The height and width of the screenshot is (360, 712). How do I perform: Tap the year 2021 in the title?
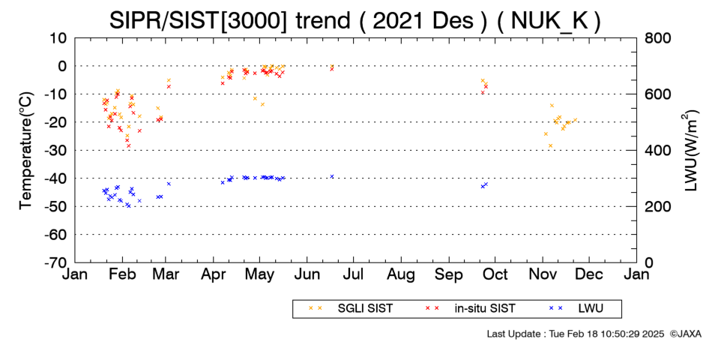click(x=396, y=20)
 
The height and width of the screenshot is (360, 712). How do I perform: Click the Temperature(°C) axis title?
click(x=26, y=151)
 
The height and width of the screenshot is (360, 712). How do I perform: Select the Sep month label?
click(x=449, y=274)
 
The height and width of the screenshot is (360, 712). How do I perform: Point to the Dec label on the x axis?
click(x=589, y=274)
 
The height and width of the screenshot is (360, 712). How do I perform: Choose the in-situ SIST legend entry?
click(x=470, y=309)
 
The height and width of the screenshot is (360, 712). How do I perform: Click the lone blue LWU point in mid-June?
click(x=332, y=176)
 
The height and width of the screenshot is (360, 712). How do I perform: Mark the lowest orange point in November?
click(x=550, y=145)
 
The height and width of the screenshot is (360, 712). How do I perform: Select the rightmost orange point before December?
click(x=575, y=120)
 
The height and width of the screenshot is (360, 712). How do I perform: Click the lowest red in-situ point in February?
click(x=128, y=145)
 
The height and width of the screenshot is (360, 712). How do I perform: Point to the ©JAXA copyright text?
click(x=685, y=334)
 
